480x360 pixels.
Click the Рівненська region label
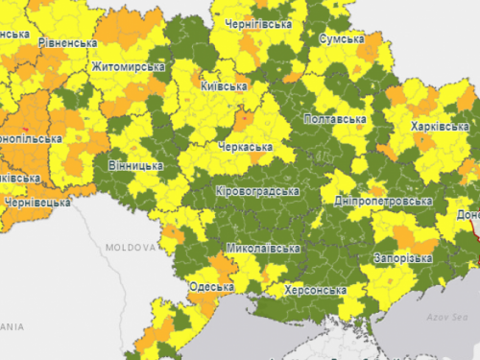67,43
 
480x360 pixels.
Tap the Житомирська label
128,67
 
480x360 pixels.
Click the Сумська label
342,39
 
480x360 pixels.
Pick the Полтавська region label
334,119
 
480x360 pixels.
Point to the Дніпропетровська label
383,202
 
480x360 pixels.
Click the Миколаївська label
262,249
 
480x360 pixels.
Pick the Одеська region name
211,287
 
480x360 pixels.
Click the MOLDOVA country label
130,247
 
